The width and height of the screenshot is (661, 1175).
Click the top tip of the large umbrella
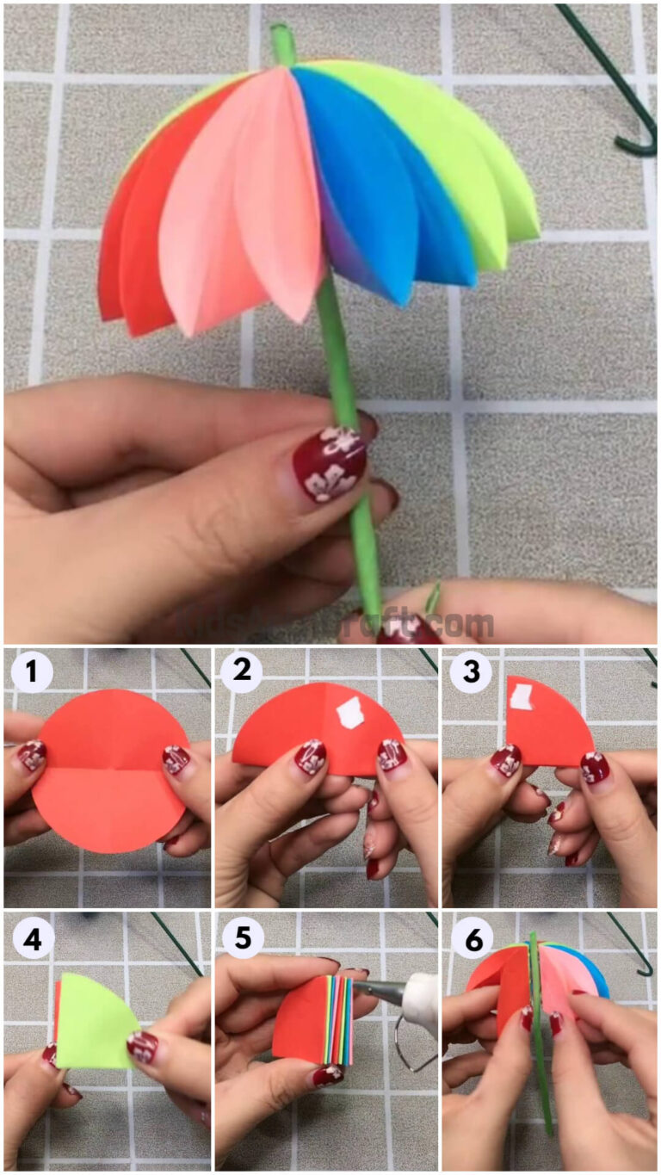tap(281, 39)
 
